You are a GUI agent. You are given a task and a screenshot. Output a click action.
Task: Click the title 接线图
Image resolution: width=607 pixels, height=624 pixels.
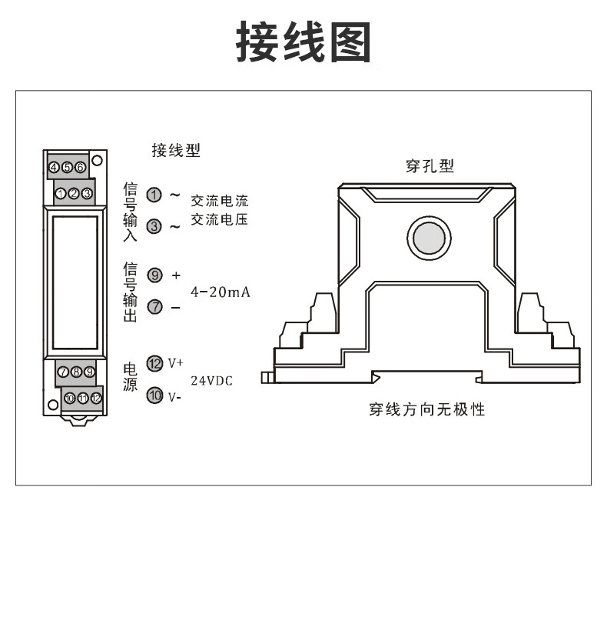303,42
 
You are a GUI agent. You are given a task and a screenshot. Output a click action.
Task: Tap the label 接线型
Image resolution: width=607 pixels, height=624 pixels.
176,151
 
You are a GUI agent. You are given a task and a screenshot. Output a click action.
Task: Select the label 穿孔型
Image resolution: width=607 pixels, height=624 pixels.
430,166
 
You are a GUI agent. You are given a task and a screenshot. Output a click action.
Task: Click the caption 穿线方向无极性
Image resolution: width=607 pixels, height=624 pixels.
426,409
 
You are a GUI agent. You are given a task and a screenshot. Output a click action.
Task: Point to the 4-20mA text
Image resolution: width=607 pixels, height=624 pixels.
221,292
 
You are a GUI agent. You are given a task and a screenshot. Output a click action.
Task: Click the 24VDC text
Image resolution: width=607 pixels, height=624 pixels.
211,381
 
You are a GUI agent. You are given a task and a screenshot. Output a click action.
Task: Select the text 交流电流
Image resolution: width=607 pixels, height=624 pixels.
220,201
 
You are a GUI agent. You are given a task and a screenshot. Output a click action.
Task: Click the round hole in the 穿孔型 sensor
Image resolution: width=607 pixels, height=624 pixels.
427,238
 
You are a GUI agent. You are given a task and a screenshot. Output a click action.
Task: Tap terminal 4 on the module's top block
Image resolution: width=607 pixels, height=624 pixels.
55,167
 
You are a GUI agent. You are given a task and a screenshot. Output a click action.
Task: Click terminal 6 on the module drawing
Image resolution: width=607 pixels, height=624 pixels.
80,167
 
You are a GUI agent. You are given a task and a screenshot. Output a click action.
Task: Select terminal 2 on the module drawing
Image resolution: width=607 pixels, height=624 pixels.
74,193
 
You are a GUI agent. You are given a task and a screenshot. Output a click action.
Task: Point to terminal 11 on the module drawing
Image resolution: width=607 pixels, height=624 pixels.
83,398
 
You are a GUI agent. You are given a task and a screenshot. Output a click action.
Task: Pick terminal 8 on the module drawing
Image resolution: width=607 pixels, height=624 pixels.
76,372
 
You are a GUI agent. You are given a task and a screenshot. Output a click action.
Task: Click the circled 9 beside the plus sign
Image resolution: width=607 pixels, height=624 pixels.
154,275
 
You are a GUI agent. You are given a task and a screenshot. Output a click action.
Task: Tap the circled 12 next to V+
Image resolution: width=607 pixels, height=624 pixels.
154,364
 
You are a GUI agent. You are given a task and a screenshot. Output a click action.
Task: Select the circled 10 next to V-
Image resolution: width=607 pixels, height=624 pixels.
154,396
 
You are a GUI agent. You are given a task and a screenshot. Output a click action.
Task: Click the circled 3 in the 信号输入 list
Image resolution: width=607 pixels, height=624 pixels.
154,226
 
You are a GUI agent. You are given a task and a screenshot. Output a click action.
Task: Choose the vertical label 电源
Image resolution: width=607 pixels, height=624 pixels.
131,377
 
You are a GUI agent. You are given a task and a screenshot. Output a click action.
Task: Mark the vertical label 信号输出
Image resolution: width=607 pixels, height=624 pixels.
131,292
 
